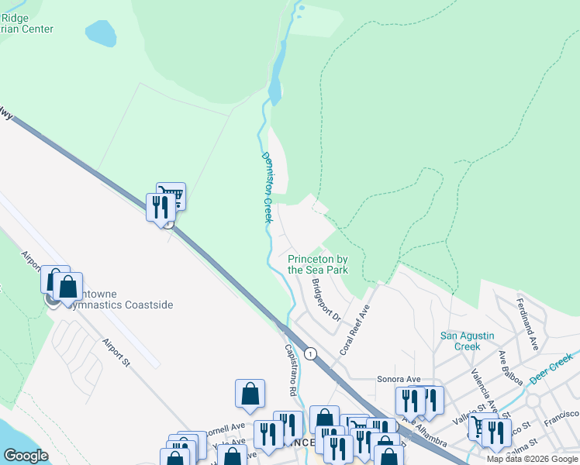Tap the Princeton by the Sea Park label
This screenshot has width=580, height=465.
318,264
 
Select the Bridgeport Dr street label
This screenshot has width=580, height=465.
326,299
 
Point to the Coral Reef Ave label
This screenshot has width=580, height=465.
355,329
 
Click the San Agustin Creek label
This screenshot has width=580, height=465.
471,340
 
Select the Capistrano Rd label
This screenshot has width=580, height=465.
292,367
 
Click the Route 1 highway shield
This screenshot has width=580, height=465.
311,353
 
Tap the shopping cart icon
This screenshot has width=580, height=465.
171,197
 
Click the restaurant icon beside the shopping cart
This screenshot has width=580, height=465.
160,208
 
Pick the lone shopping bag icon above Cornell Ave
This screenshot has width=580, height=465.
250,394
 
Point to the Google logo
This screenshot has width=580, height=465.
26,456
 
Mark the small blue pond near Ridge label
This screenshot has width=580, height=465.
100,34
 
